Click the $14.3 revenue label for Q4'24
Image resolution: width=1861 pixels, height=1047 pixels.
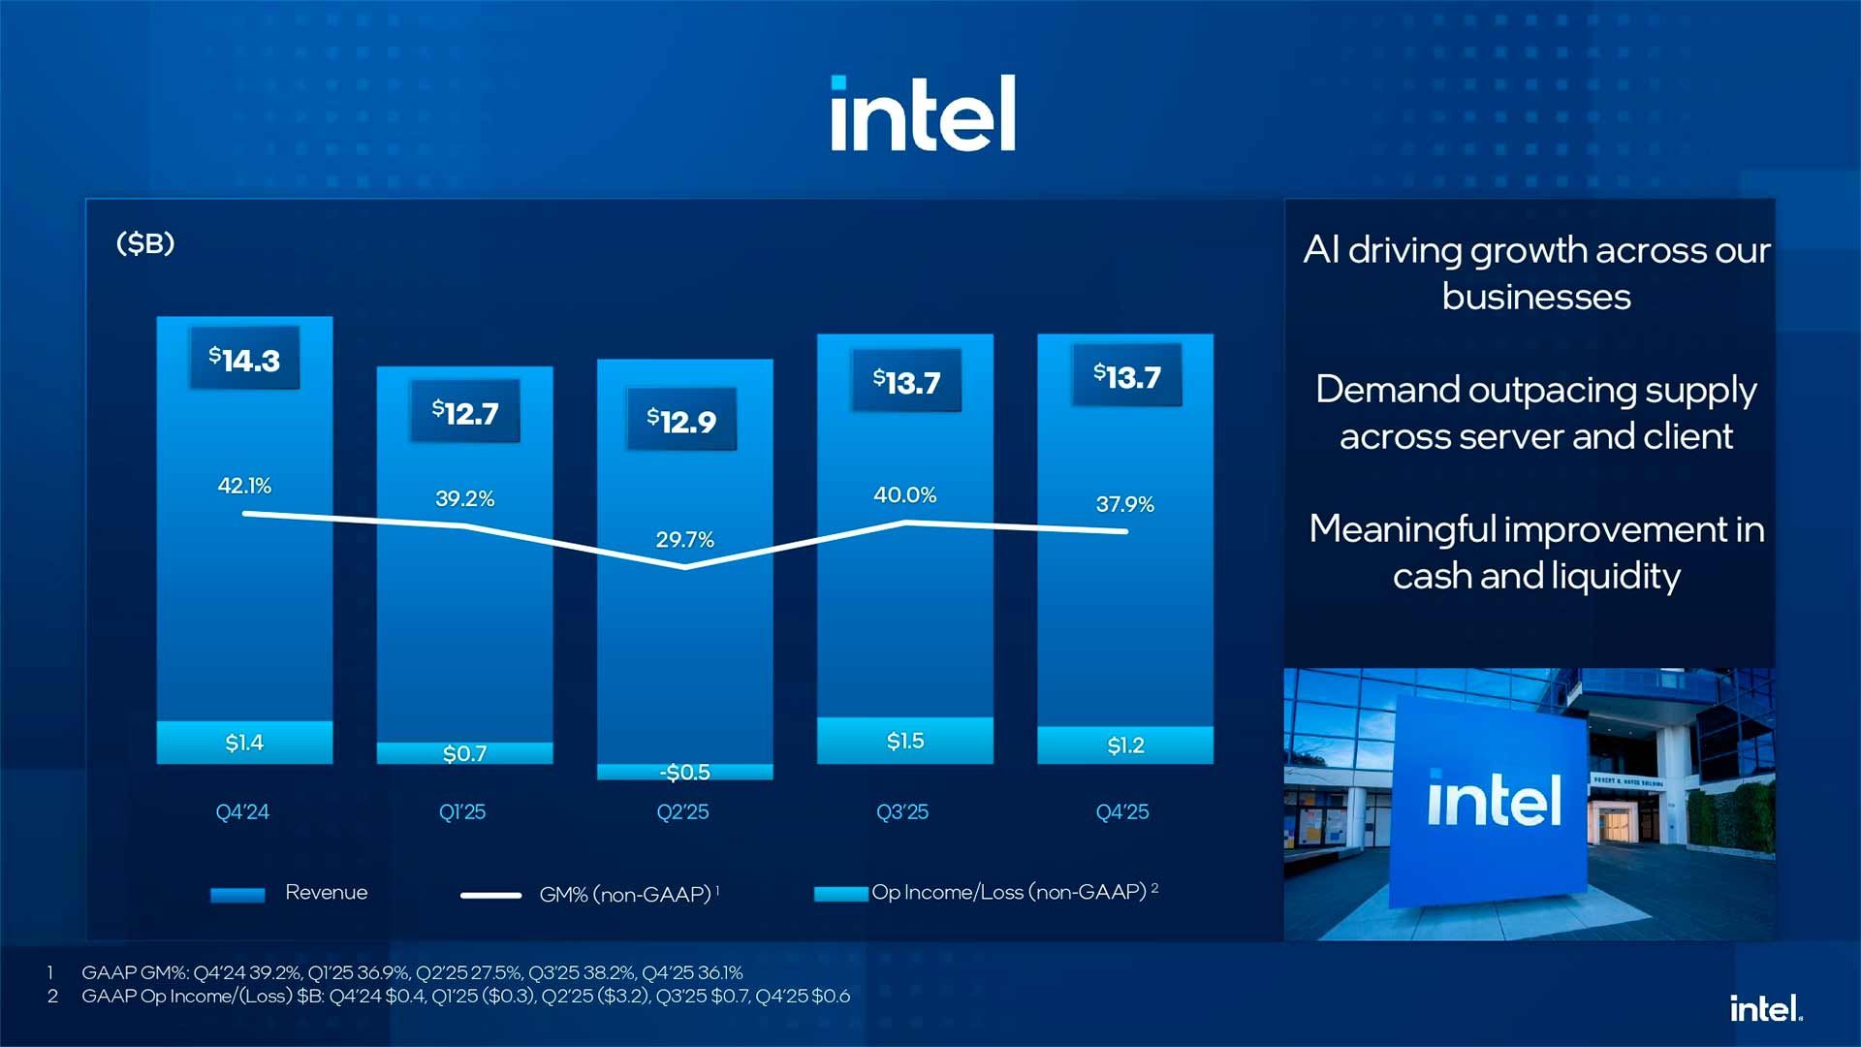click(x=244, y=360)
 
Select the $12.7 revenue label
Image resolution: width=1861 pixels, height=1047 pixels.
click(x=465, y=413)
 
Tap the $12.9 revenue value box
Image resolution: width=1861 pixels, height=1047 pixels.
click(x=681, y=421)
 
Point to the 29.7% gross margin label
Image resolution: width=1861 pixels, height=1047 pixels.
click(x=684, y=539)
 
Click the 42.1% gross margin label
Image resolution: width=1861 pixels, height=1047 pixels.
click(x=244, y=486)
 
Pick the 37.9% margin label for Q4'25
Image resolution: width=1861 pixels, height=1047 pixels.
click(x=1124, y=504)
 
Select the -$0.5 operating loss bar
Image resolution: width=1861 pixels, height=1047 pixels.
click(x=684, y=772)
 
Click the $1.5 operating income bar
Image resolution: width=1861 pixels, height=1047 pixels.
click(x=904, y=741)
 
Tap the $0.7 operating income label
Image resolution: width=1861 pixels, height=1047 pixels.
click(x=464, y=753)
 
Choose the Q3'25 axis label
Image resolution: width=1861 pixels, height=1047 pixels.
click(x=901, y=812)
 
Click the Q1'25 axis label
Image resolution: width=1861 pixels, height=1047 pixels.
click(x=461, y=812)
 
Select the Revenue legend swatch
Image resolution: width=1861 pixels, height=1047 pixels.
click(x=237, y=895)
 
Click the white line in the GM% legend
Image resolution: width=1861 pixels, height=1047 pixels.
click(x=490, y=895)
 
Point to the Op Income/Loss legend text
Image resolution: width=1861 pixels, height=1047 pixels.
click(x=1008, y=892)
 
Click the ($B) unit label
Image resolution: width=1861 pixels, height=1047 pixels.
click(x=145, y=243)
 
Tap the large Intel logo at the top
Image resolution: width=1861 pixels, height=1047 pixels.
click(x=923, y=113)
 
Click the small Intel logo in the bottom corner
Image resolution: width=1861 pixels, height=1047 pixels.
click(x=1765, y=1009)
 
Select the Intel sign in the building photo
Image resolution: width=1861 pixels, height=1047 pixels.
click(x=1493, y=801)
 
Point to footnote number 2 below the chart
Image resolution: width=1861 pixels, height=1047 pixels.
click(x=52, y=997)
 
